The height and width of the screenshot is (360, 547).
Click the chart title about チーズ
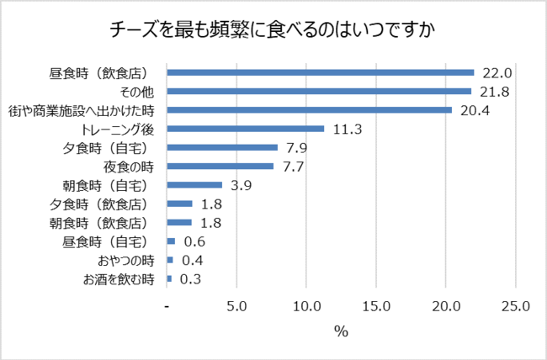(x=273, y=29)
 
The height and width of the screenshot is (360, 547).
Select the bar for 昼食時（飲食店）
(x=321, y=72)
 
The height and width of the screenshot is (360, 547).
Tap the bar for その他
(x=320, y=91)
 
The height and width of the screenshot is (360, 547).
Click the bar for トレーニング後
(x=247, y=129)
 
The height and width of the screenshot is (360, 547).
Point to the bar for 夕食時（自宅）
(x=223, y=147)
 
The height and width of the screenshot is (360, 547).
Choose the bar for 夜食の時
(x=221, y=166)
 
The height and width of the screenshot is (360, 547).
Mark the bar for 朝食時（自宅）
(x=195, y=185)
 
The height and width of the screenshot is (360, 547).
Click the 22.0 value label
(x=497, y=72)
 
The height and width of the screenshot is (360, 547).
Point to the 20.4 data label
(x=474, y=109)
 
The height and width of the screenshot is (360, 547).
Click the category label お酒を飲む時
(x=119, y=278)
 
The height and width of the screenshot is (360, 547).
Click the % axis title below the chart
(x=341, y=331)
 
